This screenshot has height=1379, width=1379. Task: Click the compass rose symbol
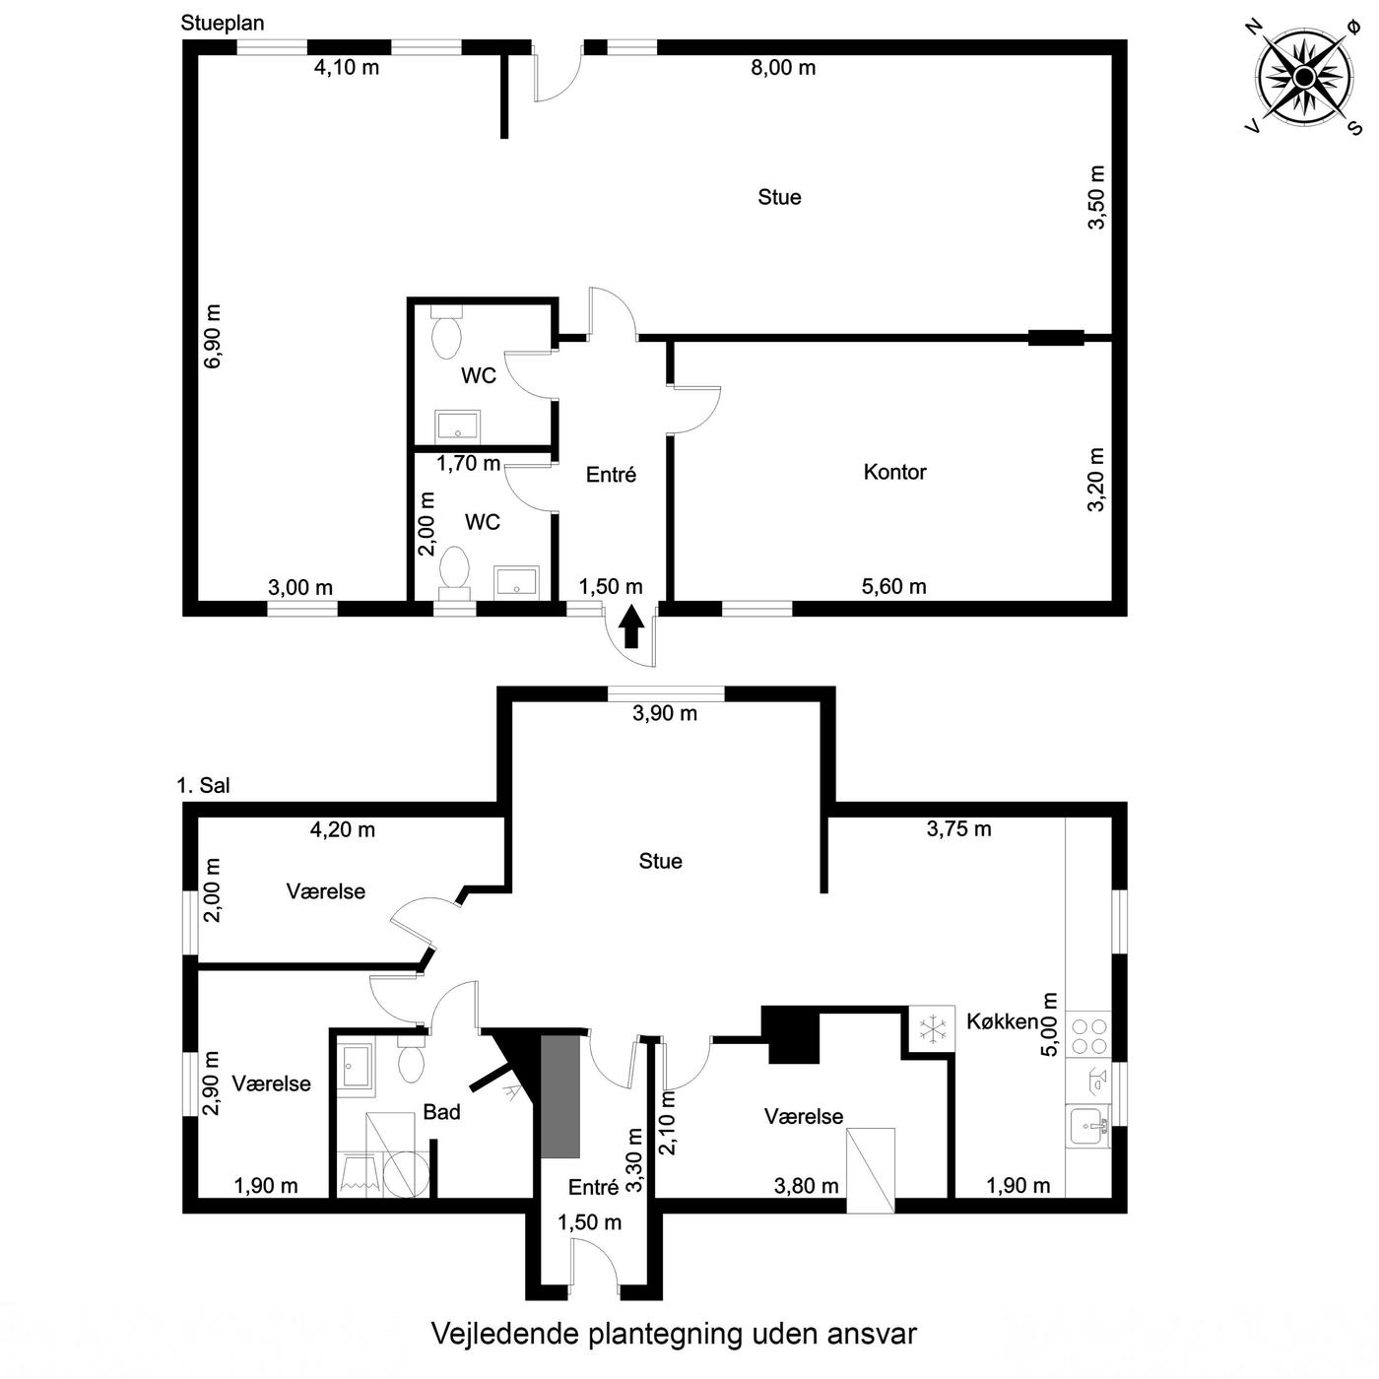point(1304,77)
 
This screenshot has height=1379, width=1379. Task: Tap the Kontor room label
point(894,473)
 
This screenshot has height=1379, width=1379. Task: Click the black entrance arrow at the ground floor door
point(630,626)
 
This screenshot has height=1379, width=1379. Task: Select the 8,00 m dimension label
point(783,68)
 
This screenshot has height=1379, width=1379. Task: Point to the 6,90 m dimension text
point(213,336)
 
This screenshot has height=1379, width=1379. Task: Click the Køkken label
point(1002,1021)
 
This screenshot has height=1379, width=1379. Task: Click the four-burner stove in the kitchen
point(1088,1036)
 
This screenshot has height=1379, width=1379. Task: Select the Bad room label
point(441,1112)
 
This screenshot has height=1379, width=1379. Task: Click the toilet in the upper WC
point(447,333)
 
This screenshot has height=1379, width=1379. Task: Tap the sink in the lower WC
point(517,581)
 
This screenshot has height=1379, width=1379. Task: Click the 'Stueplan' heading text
point(223,24)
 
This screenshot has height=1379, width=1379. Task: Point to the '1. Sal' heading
point(203,786)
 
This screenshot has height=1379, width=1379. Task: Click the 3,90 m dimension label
point(665,713)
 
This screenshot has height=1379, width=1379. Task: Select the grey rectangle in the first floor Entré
point(559,1095)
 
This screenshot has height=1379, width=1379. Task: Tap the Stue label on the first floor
point(661,861)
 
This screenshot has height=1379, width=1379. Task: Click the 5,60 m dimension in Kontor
point(893,587)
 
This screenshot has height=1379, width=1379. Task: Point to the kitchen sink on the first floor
point(1087,1127)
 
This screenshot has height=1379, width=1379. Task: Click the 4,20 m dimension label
point(343,829)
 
